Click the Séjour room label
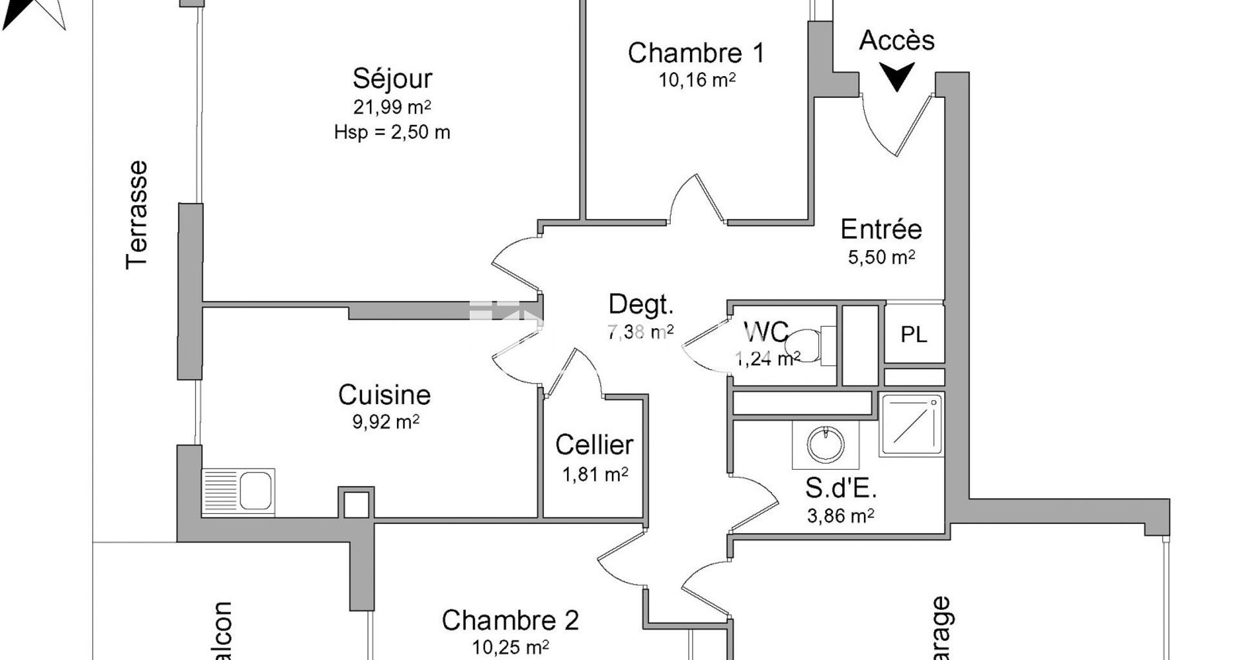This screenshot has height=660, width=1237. pos(392,79)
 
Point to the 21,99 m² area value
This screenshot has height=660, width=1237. pos(392,106)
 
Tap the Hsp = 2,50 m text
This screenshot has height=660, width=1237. pos(392,133)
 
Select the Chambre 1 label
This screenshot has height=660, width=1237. pos(696,53)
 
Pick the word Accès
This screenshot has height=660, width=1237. pos(897,41)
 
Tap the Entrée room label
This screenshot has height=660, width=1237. pos(881,229)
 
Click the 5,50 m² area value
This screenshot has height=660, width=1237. pos(881,257)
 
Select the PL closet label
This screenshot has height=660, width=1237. pos(914,335)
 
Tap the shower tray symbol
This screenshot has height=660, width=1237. pos(911,423)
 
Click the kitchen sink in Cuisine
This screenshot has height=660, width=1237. pos(238,491)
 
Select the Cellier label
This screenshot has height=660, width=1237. pos(594,445)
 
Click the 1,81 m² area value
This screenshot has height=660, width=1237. pos(595,475)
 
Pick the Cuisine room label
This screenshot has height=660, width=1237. pos(384,394)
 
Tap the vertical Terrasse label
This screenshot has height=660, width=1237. pos(137,215)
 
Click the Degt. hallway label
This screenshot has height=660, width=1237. pos(640,304)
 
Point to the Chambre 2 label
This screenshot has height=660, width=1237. pos(510,621)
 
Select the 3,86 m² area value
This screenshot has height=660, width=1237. pos(840,516)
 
